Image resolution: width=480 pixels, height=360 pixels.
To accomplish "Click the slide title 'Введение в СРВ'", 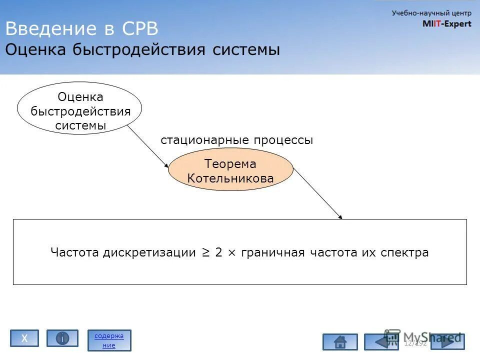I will [x=81, y=28].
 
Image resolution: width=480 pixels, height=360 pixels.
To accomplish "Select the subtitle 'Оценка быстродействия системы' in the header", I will [x=142, y=50].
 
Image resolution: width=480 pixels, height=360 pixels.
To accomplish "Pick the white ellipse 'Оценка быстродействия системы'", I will [x=80, y=108].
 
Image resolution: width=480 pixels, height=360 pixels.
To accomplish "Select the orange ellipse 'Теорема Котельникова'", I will [x=230, y=170].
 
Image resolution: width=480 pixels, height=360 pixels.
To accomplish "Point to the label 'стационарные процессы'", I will [x=236, y=140].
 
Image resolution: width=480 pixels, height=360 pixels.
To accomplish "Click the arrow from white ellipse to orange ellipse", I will [x=148, y=146].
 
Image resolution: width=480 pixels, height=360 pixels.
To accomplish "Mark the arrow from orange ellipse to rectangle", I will [x=318, y=193].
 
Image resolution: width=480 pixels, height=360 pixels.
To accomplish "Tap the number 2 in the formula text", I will [x=218, y=252].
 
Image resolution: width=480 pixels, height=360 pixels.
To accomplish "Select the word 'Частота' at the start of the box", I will [x=75, y=252].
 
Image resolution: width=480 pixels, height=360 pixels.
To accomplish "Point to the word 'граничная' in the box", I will [x=272, y=252].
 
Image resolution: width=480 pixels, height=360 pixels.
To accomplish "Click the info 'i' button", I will [x=62, y=338].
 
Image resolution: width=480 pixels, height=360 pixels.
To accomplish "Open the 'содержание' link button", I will [x=109, y=340].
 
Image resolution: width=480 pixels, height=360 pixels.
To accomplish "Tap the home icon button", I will [x=340, y=342].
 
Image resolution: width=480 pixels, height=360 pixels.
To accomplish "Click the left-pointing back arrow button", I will [x=381, y=342].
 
